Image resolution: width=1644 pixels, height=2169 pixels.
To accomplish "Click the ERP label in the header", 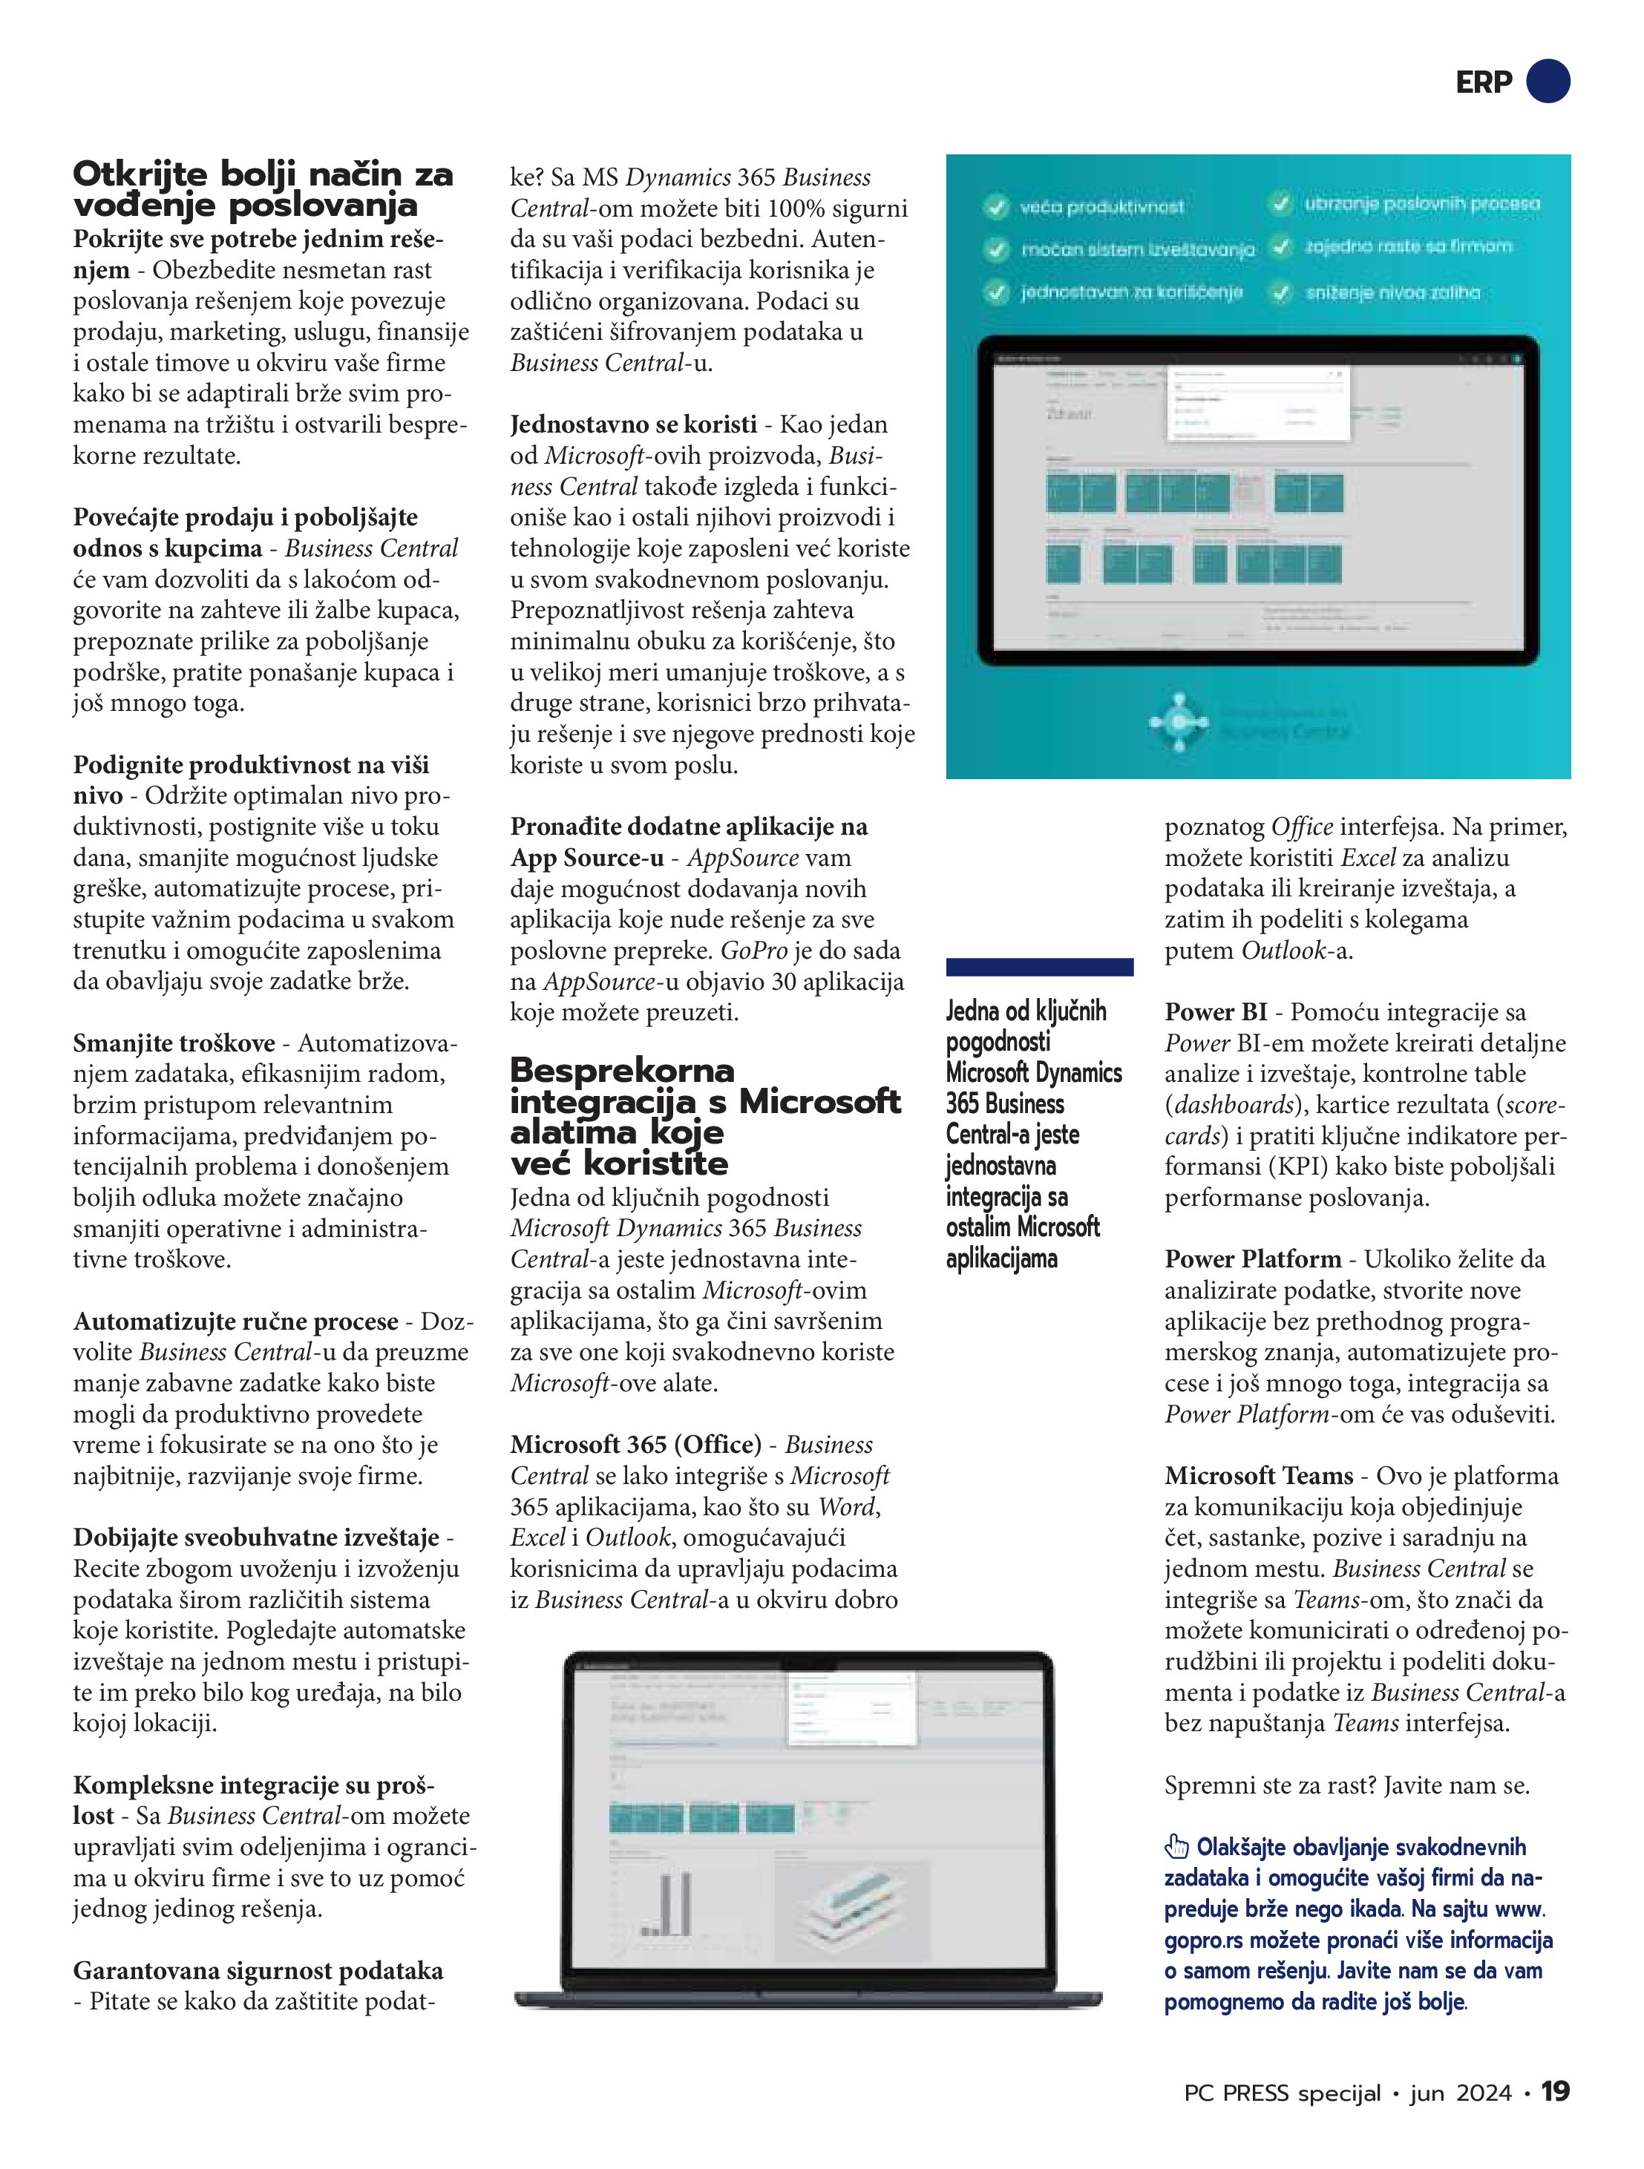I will [1483, 82].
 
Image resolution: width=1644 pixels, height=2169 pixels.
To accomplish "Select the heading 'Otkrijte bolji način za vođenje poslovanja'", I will [263, 189].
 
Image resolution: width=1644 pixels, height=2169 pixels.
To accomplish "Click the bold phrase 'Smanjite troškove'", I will [174, 1043].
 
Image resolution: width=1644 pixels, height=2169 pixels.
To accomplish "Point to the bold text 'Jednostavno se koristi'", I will [632, 424].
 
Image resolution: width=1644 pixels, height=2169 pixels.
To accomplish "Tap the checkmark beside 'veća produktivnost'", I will [997, 207].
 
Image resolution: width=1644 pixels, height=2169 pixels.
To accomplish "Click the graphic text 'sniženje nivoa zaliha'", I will [1393, 292].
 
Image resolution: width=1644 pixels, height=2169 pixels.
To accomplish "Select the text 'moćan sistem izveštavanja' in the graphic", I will [1138, 250].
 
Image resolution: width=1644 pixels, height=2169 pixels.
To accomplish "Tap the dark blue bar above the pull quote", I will [1039, 967].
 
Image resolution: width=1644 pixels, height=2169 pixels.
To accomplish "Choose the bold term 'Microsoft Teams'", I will [1259, 1476].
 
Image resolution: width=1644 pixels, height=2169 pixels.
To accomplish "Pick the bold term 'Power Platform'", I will [1253, 1259].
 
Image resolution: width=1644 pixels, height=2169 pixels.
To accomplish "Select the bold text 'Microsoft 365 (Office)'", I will [635, 1444].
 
